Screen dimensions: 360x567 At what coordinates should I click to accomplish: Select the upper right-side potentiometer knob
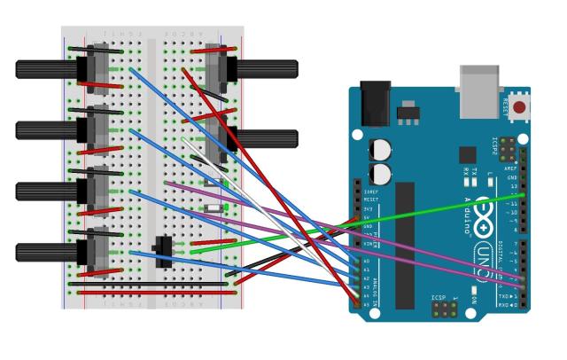[266, 69]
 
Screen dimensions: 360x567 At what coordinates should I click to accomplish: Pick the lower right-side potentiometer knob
[266, 138]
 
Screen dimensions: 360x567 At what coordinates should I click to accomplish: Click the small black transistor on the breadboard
[163, 251]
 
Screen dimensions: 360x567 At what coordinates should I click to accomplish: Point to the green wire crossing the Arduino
[425, 216]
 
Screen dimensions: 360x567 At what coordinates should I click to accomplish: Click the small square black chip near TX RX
[467, 154]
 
